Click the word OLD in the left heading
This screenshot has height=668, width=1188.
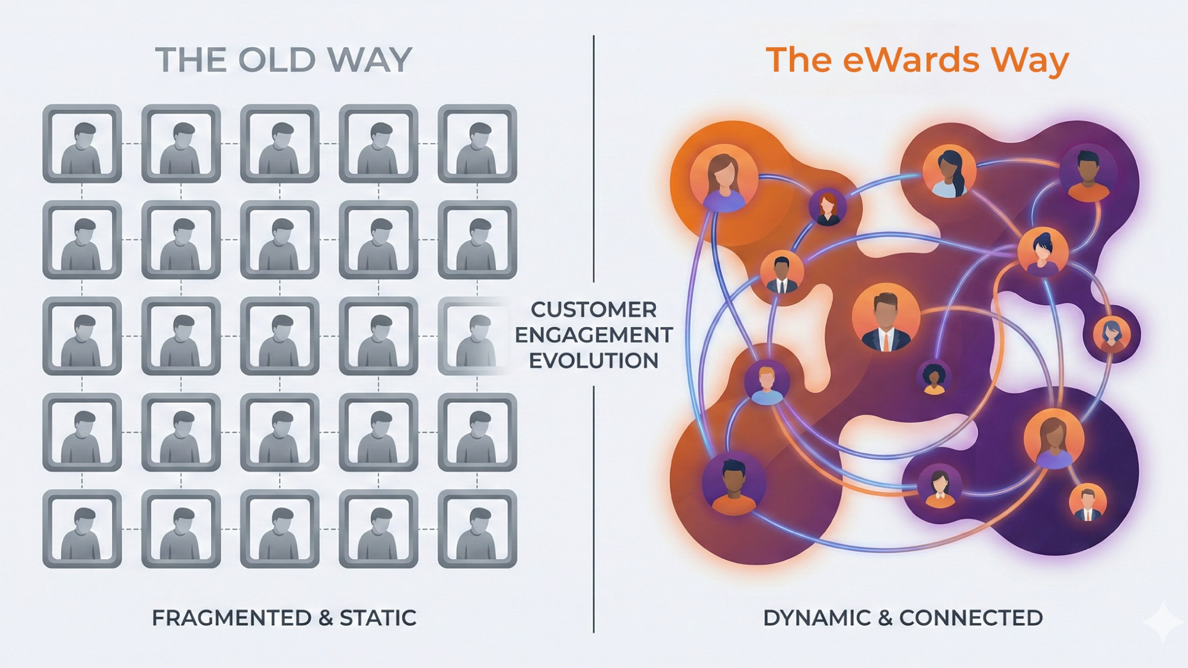click(x=277, y=60)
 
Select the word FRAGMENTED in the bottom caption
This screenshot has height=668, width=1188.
click(x=232, y=618)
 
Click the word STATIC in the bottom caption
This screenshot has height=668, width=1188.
click(x=378, y=618)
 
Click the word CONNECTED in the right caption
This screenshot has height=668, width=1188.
click(x=971, y=618)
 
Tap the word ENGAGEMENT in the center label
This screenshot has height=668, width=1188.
click(x=594, y=335)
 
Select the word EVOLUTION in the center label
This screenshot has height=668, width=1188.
click(x=594, y=361)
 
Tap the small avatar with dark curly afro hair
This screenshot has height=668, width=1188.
click(x=934, y=378)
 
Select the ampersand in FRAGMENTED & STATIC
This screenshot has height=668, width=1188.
click(x=326, y=618)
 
